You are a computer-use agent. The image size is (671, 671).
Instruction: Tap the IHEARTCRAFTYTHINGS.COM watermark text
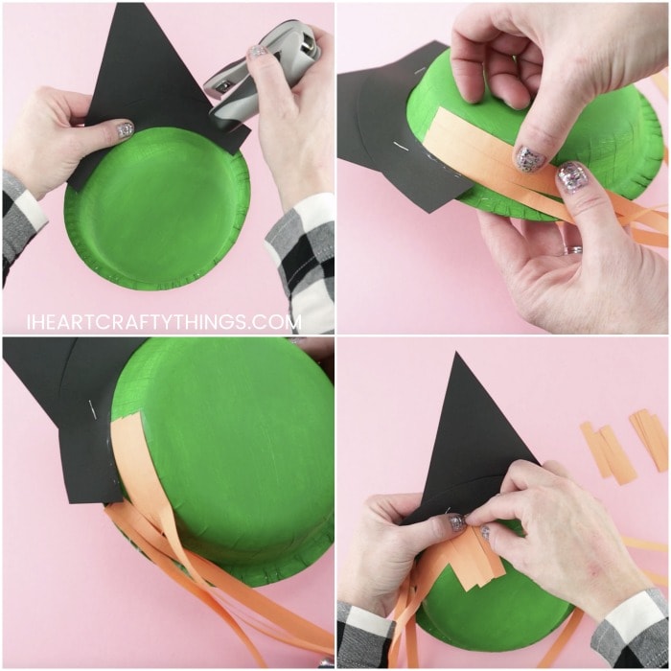click(164, 322)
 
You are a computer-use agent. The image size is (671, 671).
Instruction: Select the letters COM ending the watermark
click(281, 322)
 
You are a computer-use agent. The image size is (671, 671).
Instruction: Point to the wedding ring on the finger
click(574, 249)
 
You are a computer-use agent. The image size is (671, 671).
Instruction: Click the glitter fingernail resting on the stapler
click(257, 52)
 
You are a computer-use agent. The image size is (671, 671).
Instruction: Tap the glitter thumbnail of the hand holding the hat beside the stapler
click(126, 128)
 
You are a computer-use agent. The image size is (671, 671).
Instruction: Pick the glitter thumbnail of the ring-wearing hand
click(571, 177)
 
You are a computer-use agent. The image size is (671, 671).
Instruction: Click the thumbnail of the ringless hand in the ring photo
click(530, 159)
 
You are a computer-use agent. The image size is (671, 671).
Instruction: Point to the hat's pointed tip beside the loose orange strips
click(457, 354)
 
